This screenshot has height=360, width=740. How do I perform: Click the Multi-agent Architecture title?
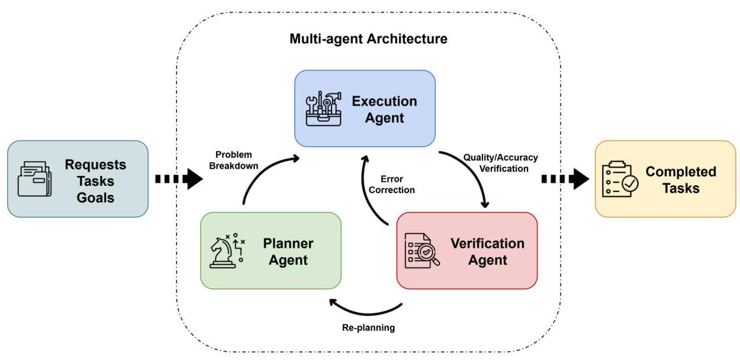pyautogui.click(x=368, y=40)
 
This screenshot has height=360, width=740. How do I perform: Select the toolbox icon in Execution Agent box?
pyautogui.click(x=323, y=109)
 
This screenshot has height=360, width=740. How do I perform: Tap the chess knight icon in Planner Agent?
pyautogui.click(x=227, y=251)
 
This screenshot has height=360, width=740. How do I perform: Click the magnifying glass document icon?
pyautogui.click(x=422, y=251)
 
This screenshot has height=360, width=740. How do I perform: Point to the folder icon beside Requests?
pyautogui.click(x=34, y=179)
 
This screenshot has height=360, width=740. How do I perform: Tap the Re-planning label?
pyautogui.click(x=368, y=327)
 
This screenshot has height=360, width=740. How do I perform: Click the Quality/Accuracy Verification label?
pyautogui.click(x=500, y=163)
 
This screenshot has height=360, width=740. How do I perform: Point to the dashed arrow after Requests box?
pyautogui.click(x=178, y=179)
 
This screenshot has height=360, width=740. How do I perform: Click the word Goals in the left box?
pyautogui.click(x=95, y=197)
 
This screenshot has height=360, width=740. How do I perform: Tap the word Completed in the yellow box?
pyautogui.click(x=681, y=172)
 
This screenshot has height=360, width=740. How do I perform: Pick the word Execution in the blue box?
pyautogui.click(x=384, y=101)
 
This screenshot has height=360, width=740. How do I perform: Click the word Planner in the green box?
pyautogui.click(x=288, y=243)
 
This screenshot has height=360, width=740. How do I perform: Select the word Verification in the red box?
pyautogui.click(x=487, y=243)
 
